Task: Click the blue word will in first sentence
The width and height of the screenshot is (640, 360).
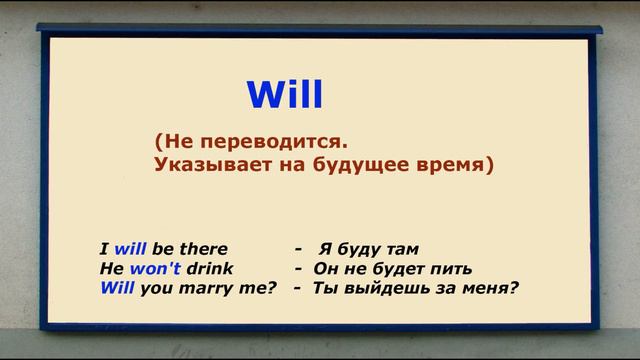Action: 132,249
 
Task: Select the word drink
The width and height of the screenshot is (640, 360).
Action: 209,269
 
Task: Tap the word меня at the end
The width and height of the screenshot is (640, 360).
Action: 489,289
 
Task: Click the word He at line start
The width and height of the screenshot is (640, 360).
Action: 110,269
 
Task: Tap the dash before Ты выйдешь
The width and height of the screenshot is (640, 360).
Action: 298,289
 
